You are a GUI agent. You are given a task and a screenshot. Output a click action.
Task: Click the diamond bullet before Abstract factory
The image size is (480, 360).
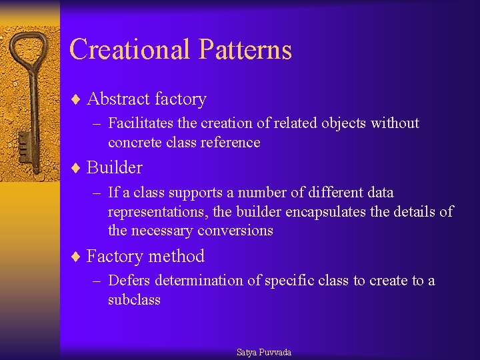[75, 99]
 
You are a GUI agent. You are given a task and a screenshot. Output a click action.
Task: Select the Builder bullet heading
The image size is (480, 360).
[114, 167]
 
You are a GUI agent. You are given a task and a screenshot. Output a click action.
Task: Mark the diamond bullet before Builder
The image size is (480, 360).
[75, 167]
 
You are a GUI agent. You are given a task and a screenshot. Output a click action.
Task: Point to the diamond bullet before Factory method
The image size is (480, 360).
[75, 257]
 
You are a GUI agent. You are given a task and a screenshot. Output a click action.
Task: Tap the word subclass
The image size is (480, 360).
[134, 300]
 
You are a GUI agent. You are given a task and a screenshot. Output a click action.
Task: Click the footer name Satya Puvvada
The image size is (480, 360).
[264, 352]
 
